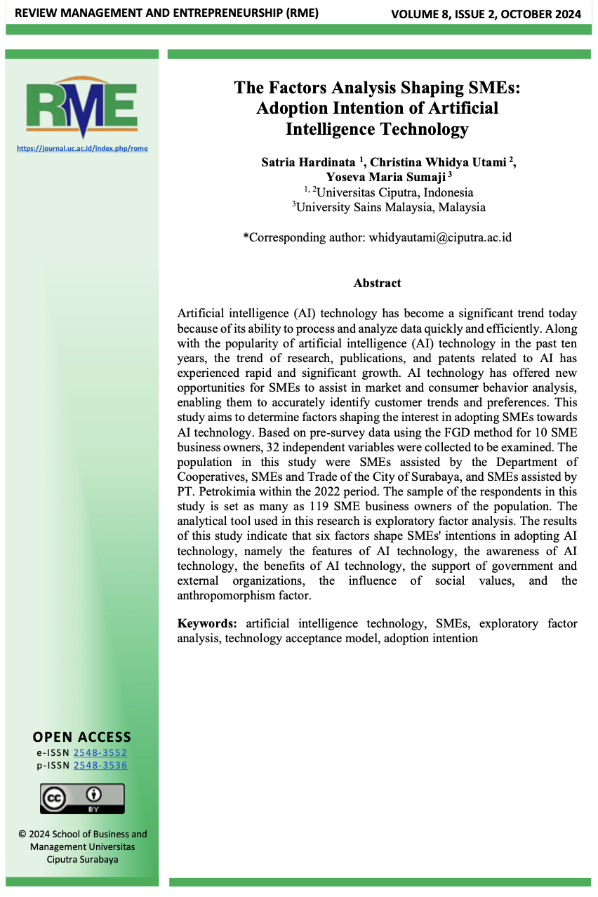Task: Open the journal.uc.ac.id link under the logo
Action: [x=82, y=149]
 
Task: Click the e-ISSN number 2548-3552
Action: [x=100, y=752]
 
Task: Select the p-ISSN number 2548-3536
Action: [x=100, y=765]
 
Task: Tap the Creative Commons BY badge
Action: [x=82, y=799]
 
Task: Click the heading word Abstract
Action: [x=377, y=283]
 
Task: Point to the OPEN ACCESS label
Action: [x=82, y=737]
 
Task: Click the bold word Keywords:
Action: [x=207, y=623]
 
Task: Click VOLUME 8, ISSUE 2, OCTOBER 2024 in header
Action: [x=486, y=13]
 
